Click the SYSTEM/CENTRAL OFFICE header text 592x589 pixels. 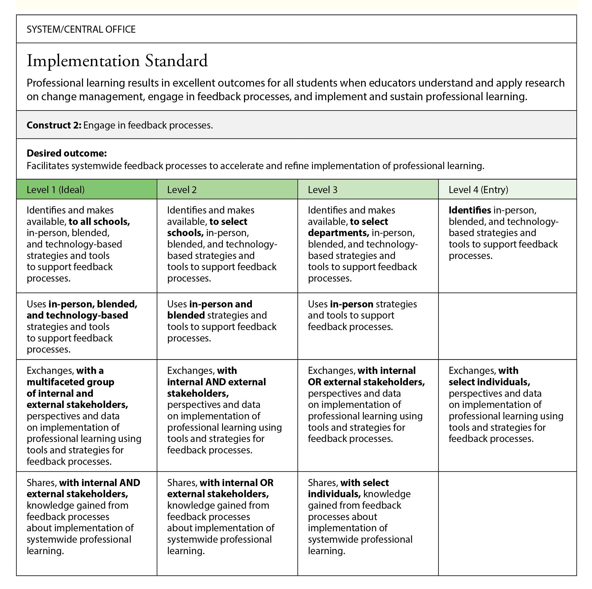[x=81, y=29]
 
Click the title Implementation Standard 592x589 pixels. [x=117, y=61]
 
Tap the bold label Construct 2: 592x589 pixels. [x=54, y=125]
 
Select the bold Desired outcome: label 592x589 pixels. [x=66, y=153]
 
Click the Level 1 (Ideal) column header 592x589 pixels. [x=56, y=190]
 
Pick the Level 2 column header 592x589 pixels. [x=182, y=190]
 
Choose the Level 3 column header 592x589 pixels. [x=322, y=190]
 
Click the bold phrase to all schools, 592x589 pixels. [x=99, y=222]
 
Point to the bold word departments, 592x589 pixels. [x=338, y=233]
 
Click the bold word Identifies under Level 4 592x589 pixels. [x=470, y=210]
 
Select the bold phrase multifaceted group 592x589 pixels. [x=70, y=382]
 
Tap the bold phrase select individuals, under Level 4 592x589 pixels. [x=489, y=382]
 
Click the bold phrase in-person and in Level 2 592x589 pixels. [x=221, y=304]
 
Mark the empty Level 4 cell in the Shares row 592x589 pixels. [x=507, y=523]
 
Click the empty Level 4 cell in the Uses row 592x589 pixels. [x=507, y=326]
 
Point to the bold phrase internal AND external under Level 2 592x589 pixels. [x=216, y=382]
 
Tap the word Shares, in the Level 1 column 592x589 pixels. [x=42, y=483]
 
